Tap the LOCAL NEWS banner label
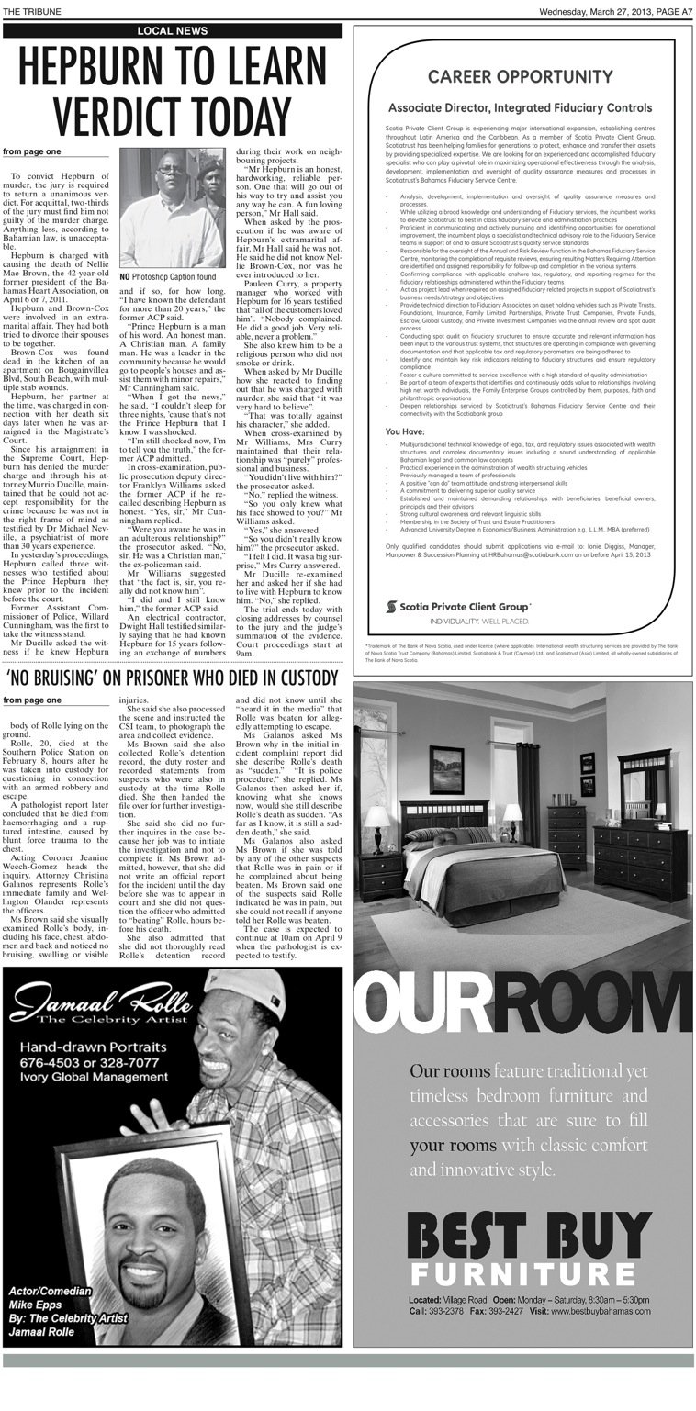(173, 30)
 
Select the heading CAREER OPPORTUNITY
(521, 76)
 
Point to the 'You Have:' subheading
(404, 431)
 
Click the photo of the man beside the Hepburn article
(172, 209)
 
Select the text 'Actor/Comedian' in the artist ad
(51, 1292)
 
